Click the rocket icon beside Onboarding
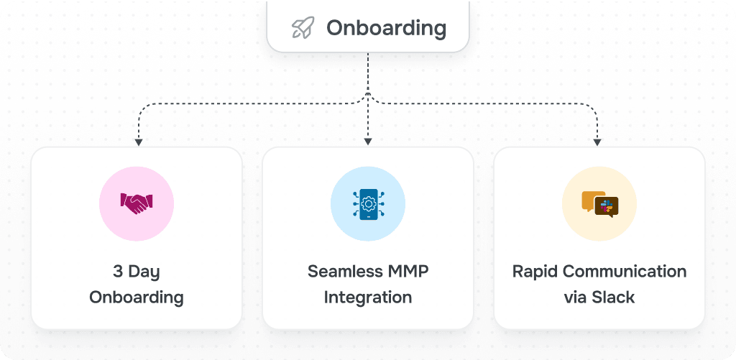[x=303, y=29]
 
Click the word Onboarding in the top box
[x=386, y=29]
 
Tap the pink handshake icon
[x=136, y=203]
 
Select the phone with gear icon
[x=367, y=204]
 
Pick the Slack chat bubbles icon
[x=599, y=204]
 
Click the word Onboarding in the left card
[x=136, y=297]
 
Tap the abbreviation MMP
[x=407, y=272]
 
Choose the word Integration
[x=367, y=297]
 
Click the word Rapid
[x=535, y=272]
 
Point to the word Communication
[x=623, y=272]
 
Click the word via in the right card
[x=576, y=297]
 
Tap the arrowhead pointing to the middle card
[x=367, y=142]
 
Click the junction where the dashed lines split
[x=367, y=94]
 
